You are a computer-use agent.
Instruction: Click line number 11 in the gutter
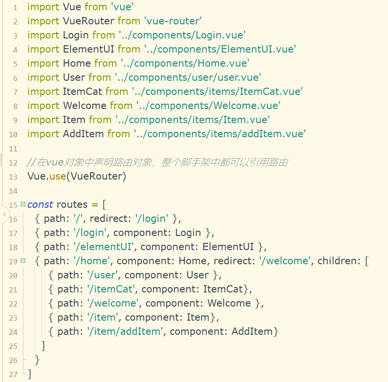click(x=13, y=148)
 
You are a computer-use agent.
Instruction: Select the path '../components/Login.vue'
click(x=182, y=35)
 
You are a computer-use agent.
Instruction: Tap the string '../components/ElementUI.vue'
click(x=220, y=49)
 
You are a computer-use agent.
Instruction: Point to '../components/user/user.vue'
click(x=188, y=77)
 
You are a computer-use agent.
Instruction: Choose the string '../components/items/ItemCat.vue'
click(x=217, y=91)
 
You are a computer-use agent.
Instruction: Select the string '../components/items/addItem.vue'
click(x=219, y=133)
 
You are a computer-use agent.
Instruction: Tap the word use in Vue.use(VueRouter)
click(x=57, y=176)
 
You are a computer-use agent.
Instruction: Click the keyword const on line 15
click(x=40, y=204)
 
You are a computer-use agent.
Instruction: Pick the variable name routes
click(x=72, y=204)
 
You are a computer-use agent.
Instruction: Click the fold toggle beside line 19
click(x=23, y=261)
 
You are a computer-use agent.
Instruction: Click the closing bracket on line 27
click(x=29, y=374)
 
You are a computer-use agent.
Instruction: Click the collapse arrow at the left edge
click(x=4, y=214)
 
